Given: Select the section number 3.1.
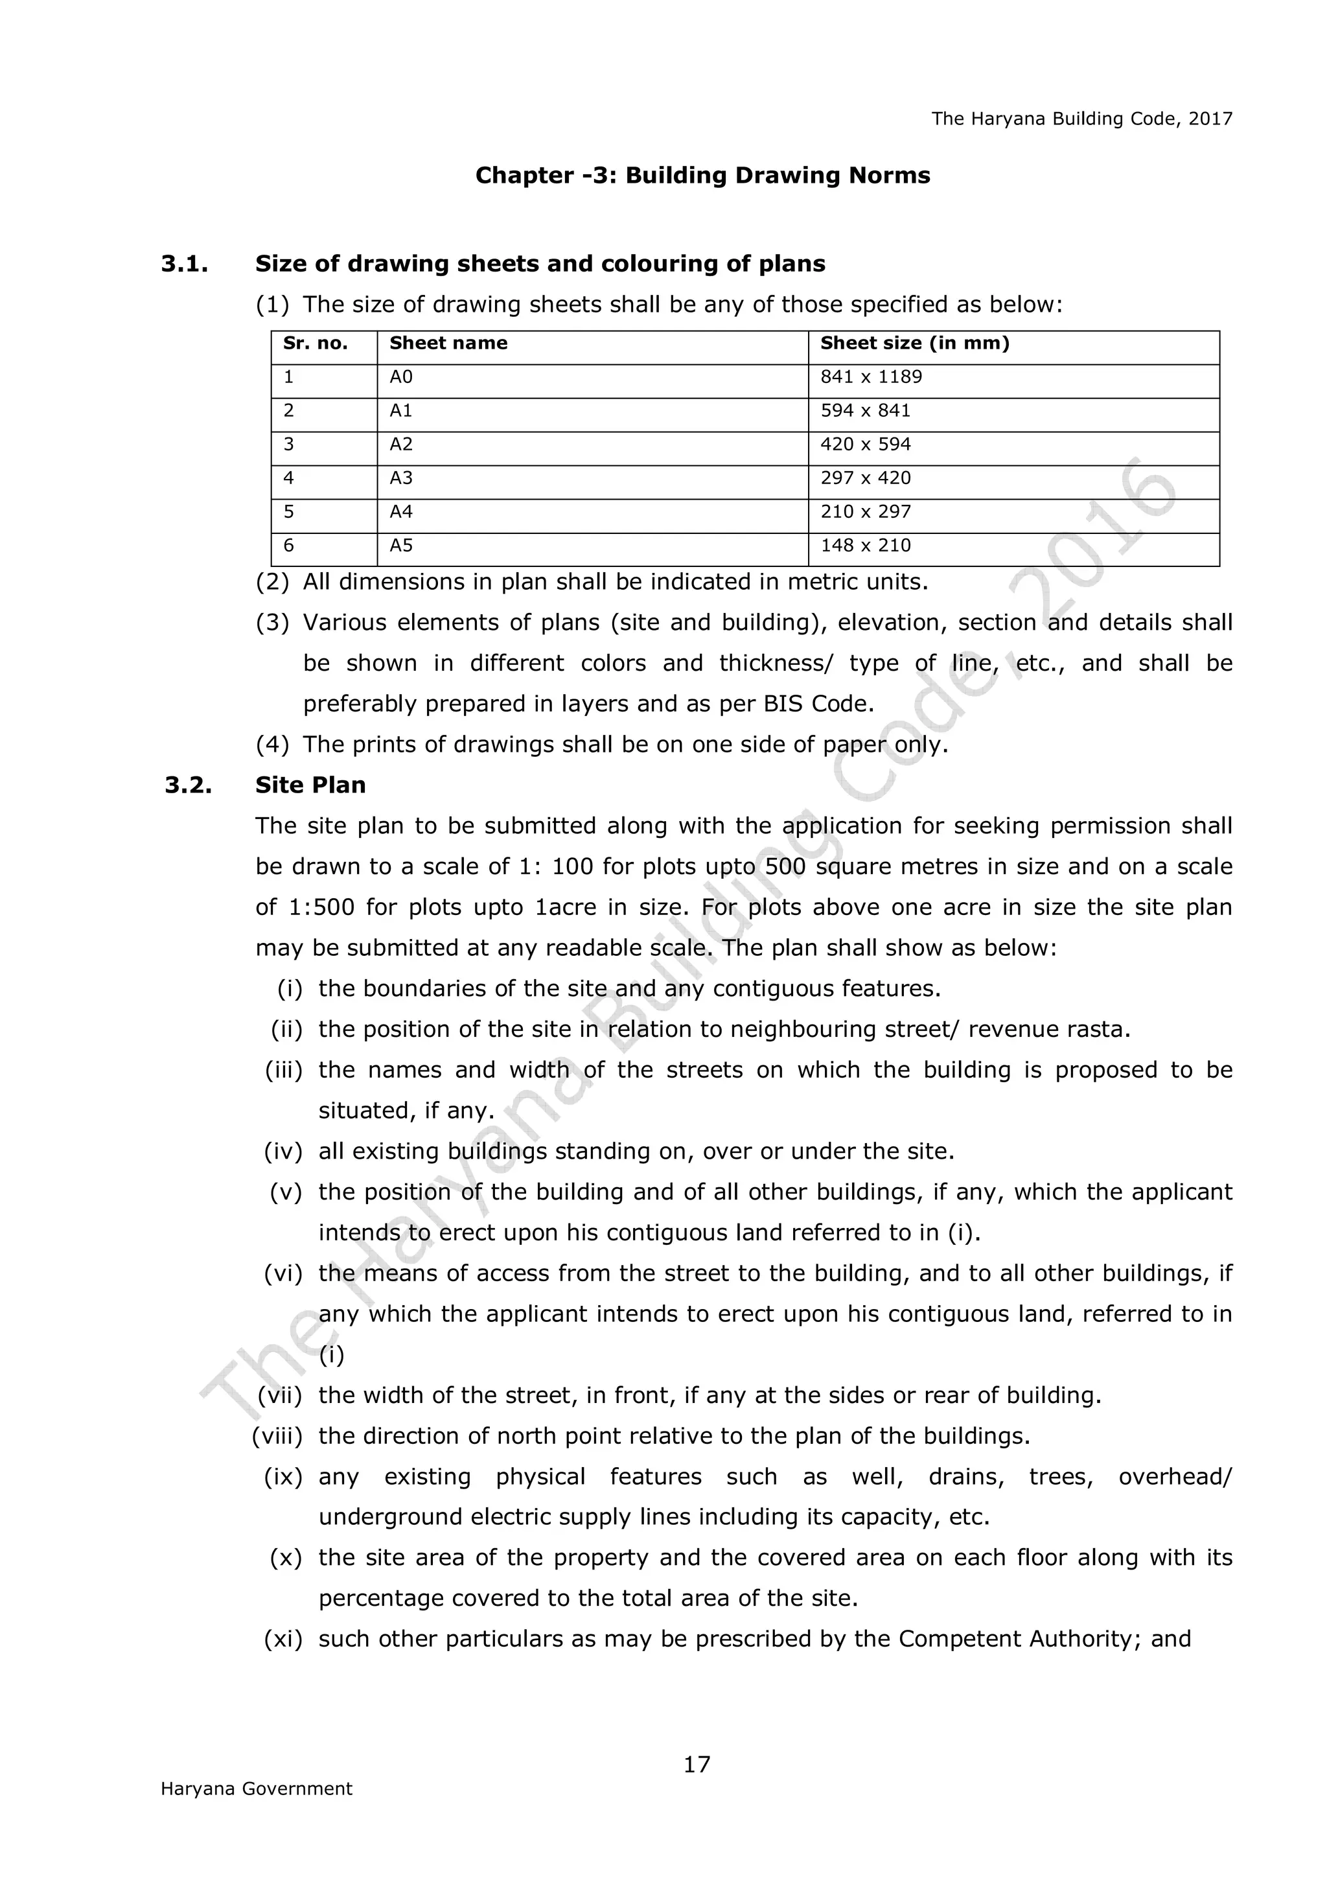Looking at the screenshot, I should (184, 264).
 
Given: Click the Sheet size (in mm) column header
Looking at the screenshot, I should (914, 343).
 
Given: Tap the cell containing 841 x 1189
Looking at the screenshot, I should (871, 377).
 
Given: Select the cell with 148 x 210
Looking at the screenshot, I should (865, 546).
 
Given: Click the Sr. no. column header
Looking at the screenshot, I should (315, 343).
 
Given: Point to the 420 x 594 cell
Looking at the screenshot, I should (865, 445).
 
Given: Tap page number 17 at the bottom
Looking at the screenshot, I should (697, 1765).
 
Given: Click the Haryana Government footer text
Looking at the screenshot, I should (256, 1789).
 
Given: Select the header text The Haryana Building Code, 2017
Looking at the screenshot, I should (1081, 119).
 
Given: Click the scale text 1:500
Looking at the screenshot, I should (321, 908).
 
